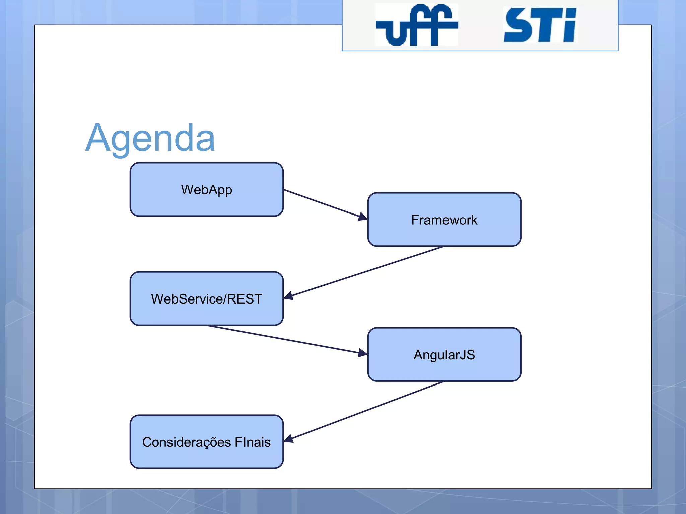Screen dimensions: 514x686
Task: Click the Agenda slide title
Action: coord(150,138)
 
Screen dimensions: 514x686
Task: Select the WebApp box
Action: coord(207,189)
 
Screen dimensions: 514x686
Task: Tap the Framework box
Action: coord(444,220)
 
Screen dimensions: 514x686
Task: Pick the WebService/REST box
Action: coord(207,298)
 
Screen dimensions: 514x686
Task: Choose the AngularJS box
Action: coord(444,354)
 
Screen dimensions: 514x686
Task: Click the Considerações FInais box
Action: coord(207,442)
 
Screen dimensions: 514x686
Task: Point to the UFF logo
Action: coord(416,25)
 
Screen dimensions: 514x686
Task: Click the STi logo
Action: coord(540,25)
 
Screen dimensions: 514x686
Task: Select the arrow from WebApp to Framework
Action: coord(322,203)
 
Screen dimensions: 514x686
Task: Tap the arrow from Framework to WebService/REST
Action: coord(365,272)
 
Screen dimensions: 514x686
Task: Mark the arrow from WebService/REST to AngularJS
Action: coord(285,339)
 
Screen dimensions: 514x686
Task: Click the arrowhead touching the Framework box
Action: coord(363,217)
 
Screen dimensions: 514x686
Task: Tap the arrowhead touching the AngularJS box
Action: coord(363,353)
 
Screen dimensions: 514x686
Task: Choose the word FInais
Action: coord(253,442)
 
